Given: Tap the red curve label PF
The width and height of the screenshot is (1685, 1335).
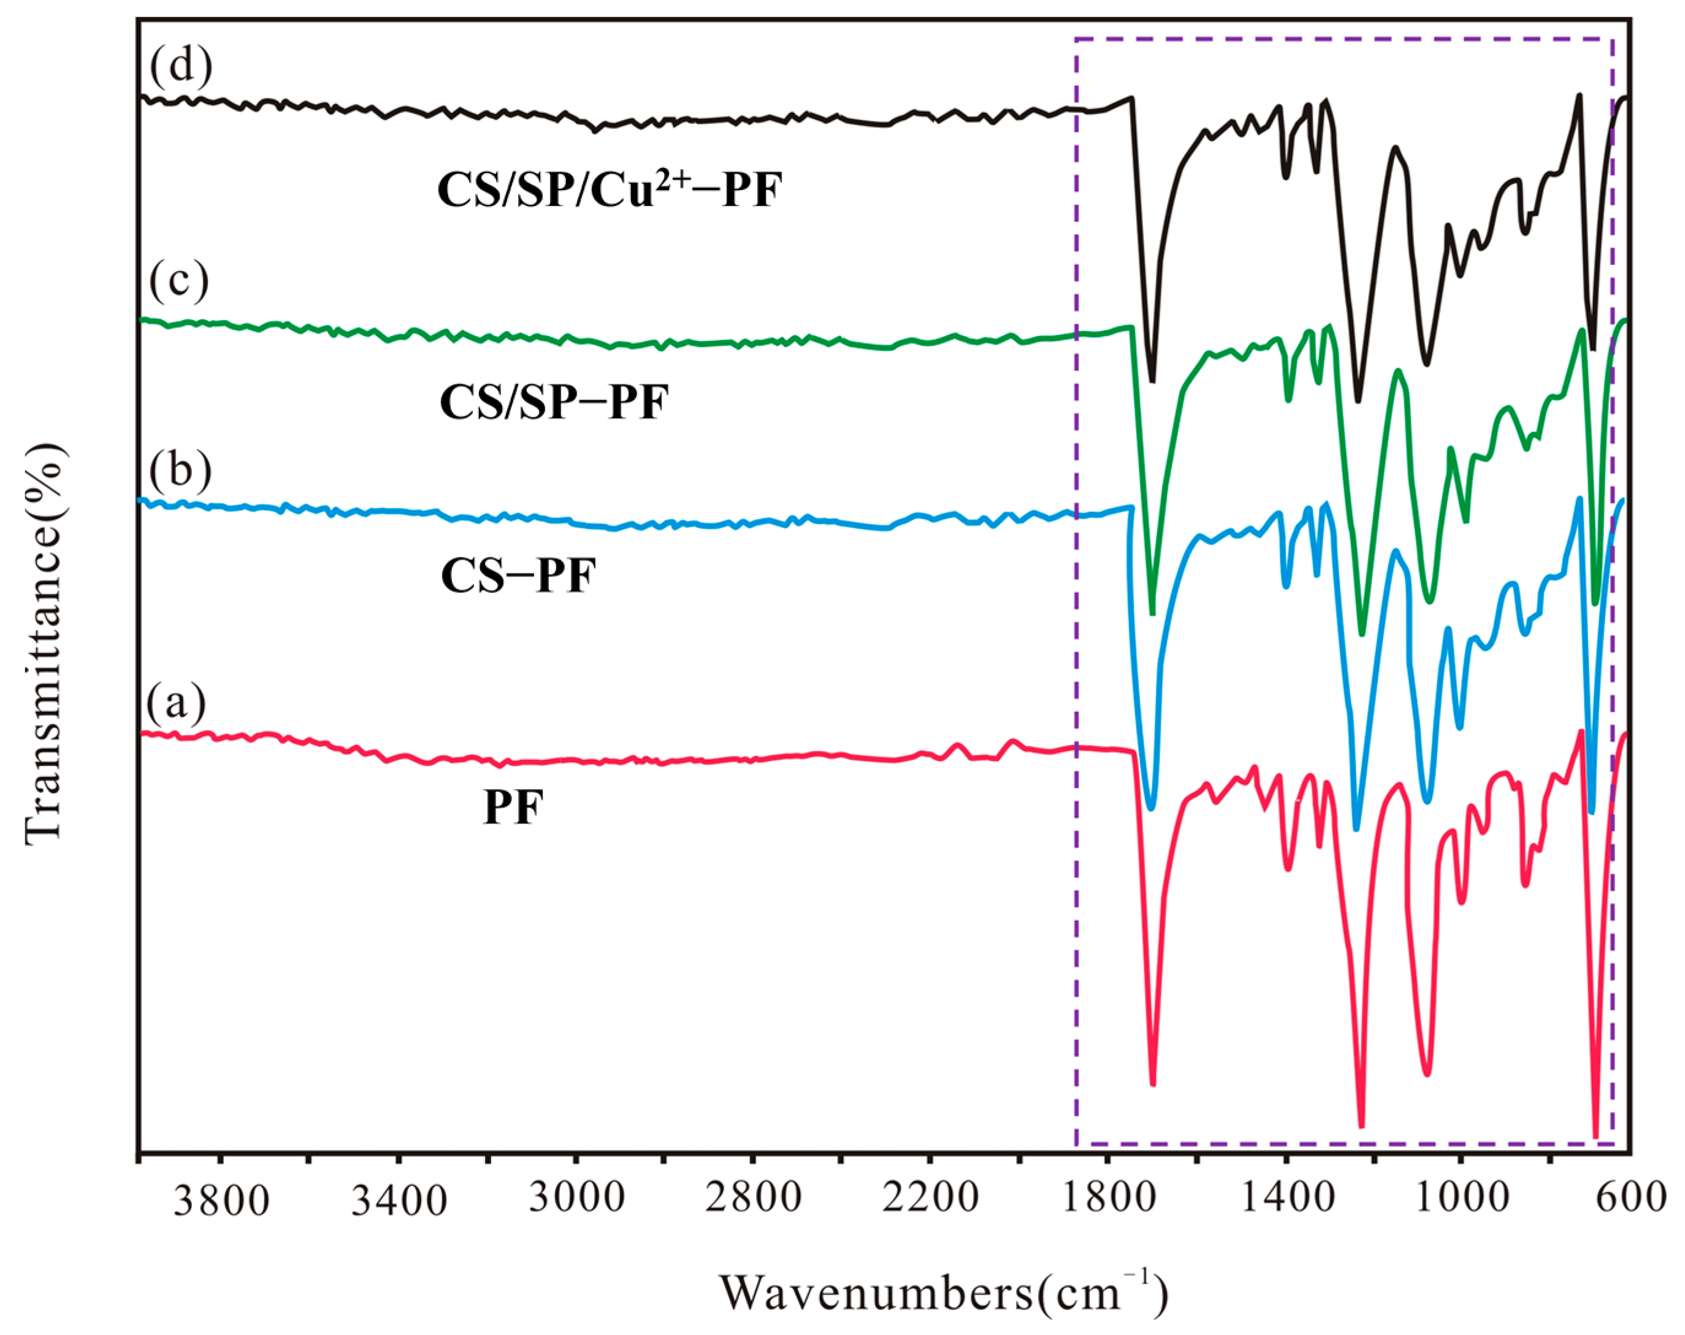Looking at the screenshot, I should tap(513, 808).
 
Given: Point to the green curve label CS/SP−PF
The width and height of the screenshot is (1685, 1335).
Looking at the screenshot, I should tap(554, 404).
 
